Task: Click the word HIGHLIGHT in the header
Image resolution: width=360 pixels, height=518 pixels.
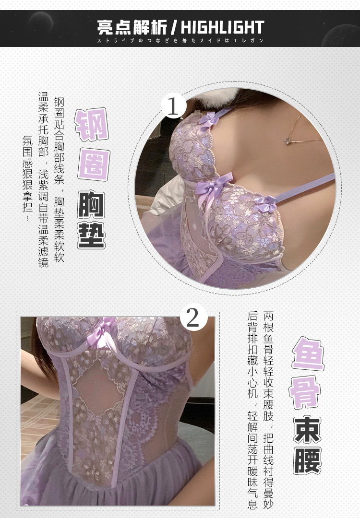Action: coord(222,26)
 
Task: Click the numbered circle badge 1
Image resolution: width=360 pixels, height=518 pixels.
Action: coord(173,106)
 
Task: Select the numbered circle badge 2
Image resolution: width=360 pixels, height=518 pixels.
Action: coord(192,317)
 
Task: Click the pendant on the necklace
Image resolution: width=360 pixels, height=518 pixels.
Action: coord(288,141)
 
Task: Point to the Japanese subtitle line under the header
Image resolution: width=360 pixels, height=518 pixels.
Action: coord(180,41)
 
